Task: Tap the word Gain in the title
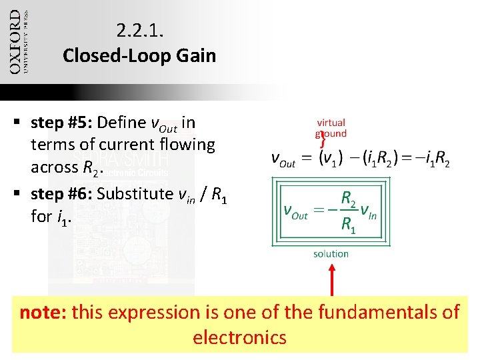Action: (198, 55)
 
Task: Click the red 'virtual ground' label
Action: (331, 127)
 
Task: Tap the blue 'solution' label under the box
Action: (331, 253)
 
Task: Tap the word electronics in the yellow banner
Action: (239, 337)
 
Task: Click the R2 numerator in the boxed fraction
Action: (349, 197)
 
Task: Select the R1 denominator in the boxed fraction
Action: (348, 225)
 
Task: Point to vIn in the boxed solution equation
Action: (369, 211)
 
